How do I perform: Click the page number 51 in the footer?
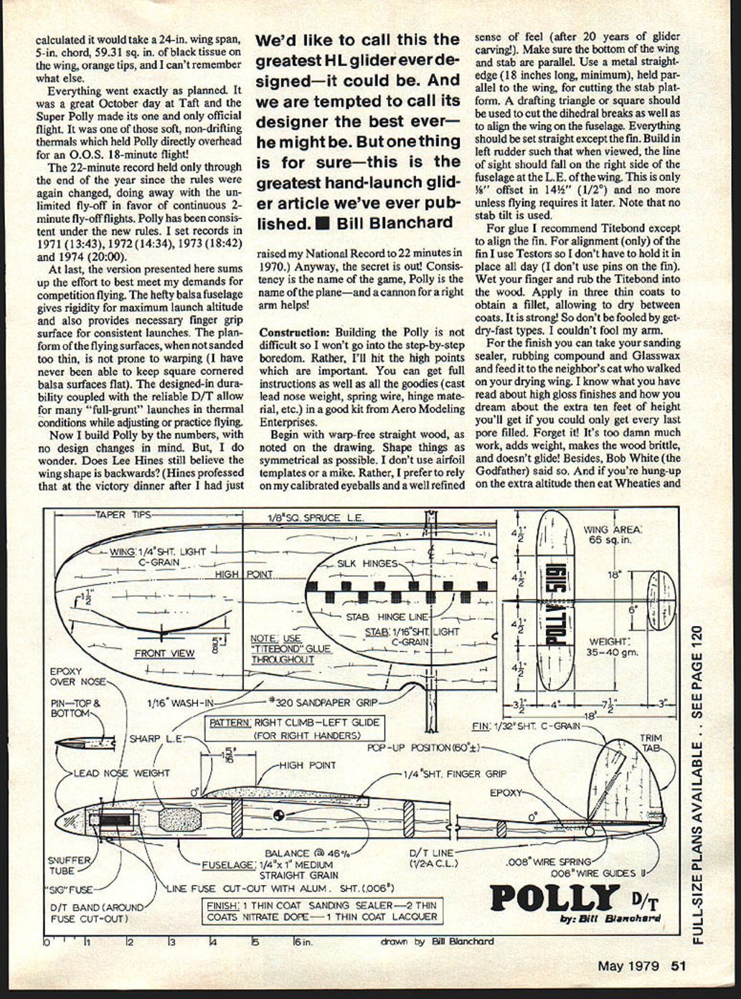[679, 965]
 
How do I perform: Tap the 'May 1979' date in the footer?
[628, 965]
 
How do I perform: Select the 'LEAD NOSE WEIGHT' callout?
[122, 773]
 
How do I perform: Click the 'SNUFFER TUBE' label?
[69, 865]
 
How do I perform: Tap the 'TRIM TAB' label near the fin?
[651, 742]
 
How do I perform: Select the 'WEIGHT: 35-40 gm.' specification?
[608, 647]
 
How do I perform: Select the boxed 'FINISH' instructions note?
[321, 911]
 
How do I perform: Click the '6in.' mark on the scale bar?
[301, 942]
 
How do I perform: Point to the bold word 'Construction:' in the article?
[290, 333]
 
